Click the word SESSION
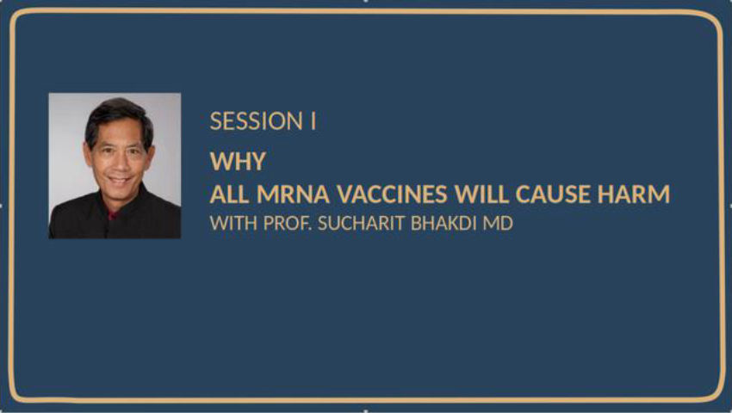point(257,120)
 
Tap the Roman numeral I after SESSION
point(313,120)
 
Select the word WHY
point(238,162)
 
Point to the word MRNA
point(293,194)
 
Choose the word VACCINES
point(392,194)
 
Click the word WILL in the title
point(481,194)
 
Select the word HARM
point(634,194)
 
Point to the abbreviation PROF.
point(288,223)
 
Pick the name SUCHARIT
point(361,223)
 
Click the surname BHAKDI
point(444,223)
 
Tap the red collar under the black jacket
point(112,215)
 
